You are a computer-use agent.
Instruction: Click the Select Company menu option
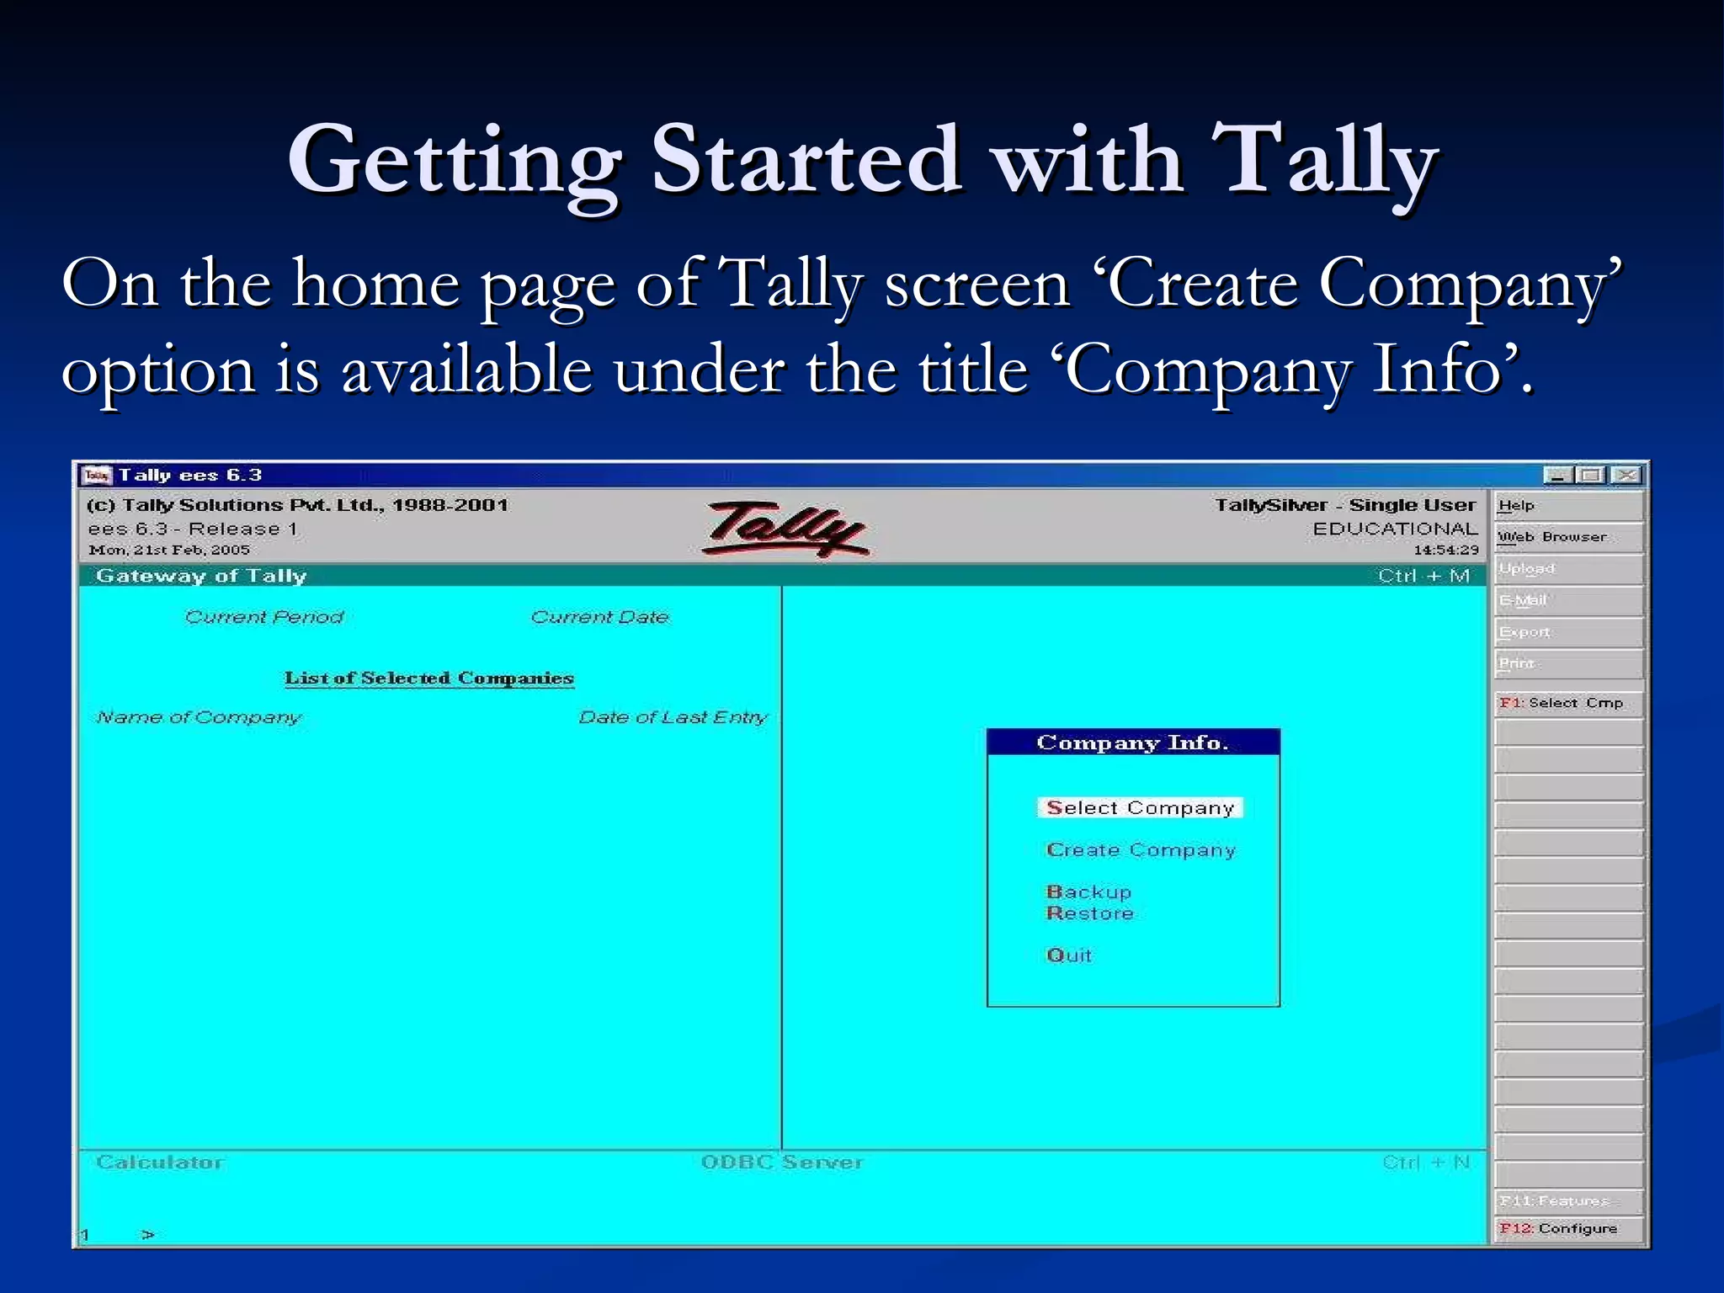coord(1140,808)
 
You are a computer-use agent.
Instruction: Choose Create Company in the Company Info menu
coord(1141,850)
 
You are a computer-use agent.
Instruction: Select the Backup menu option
coord(1088,891)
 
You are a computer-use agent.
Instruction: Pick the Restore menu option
coord(1089,913)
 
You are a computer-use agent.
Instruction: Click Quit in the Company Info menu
coord(1068,955)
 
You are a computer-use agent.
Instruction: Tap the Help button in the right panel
coord(1567,506)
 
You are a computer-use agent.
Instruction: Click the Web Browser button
coord(1567,537)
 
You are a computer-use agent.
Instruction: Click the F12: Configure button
coord(1567,1228)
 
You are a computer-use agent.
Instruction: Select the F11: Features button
coord(1567,1200)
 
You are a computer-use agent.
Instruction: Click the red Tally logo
coord(785,529)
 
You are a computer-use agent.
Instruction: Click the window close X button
coord(1627,476)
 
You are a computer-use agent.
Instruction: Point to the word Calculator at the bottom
coord(160,1163)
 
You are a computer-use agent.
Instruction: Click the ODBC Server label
coord(782,1163)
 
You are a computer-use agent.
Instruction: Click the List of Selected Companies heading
coord(428,678)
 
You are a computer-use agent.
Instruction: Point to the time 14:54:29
coord(1445,551)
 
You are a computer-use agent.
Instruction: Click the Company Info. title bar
coord(1132,742)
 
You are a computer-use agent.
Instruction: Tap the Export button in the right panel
coord(1567,632)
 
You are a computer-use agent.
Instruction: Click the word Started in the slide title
coord(806,160)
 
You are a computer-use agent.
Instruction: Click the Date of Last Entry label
coord(673,717)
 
